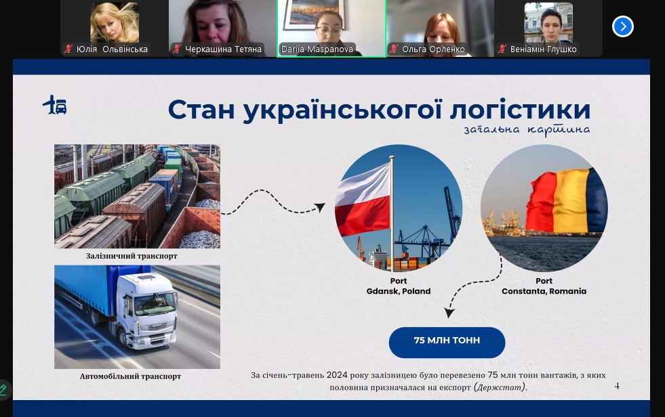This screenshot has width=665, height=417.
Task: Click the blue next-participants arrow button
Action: [622, 26]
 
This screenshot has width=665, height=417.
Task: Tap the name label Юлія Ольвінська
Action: [112, 49]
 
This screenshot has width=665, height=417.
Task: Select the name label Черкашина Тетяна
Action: [223, 49]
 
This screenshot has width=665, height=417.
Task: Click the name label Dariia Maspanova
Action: [317, 49]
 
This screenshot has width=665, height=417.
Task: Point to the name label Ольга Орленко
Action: [433, 49]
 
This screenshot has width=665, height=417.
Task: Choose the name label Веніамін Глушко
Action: [543, 49]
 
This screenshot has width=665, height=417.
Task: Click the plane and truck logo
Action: [55, 105]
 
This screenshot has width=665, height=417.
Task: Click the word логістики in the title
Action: [520, 110]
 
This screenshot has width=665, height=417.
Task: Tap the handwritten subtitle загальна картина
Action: [527, 129]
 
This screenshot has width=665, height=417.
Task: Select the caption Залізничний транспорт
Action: [132, 256]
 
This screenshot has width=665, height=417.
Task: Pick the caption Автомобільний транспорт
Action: [130, 376]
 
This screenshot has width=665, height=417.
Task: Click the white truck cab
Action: [146, 309]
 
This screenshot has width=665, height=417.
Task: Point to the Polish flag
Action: [363, 200]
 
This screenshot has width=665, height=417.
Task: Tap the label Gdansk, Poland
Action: [398, 291]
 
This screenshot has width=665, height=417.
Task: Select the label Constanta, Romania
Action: [544, 291]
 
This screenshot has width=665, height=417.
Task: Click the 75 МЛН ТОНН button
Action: [447, 342]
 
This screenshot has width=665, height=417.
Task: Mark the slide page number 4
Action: [617, 386]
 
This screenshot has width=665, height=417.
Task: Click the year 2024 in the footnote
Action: [337, 375]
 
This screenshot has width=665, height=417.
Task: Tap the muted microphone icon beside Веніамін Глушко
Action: [502, 49]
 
